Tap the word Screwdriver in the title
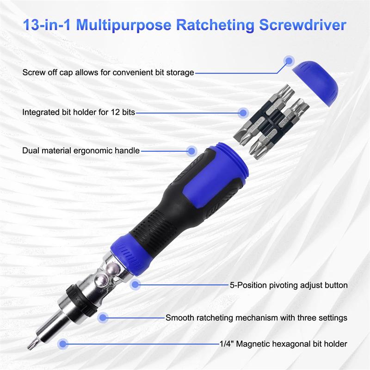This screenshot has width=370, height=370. tap(305, 25)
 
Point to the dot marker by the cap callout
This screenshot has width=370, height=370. tap(290, 60)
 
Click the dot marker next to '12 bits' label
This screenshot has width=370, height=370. tap(243, 112)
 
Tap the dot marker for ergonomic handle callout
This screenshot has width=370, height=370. tap(191, 150)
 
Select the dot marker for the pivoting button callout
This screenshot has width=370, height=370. tap(135, 285)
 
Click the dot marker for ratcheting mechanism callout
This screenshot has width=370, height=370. tap(103, 317)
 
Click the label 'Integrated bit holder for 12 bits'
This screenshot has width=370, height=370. tap(79, 112)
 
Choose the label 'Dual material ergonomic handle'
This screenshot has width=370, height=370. tap(81, 151)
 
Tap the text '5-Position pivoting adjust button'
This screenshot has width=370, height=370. tap(289, 285)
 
